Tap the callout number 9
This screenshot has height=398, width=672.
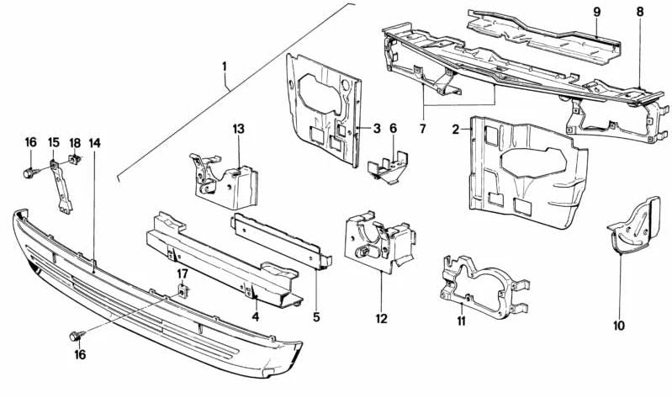pos(596,11)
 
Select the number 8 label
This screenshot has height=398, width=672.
pos(640,12)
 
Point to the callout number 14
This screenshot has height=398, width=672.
pos(95,143)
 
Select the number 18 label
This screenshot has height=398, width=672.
pos(74,143)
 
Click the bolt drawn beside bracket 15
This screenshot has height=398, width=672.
pos(30,174)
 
